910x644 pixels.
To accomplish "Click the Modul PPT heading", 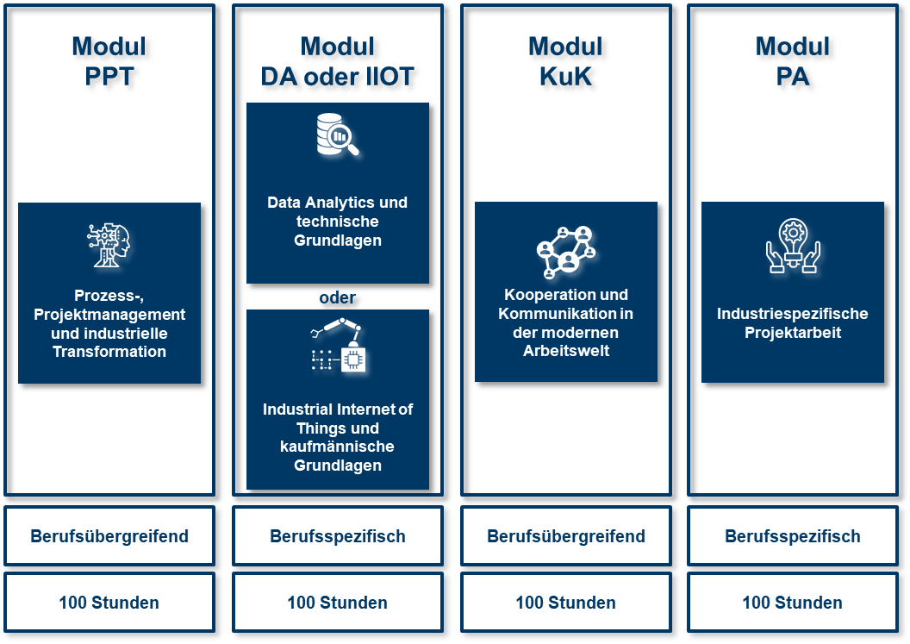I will (x=109, y=62).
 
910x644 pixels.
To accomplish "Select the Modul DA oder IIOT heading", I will (x=337, y=62).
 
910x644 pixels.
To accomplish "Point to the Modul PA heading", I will (x=793, y=62).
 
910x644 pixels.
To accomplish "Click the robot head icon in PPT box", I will (x=109, y=244).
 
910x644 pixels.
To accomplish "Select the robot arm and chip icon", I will (x=338, y=347).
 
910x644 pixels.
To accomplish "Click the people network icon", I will (x=566, y=251).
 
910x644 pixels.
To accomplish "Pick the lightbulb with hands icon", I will (x=793, y=247).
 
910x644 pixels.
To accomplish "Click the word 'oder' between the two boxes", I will (x=337, y=297).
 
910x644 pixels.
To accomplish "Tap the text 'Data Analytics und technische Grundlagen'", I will (x=337, y=222).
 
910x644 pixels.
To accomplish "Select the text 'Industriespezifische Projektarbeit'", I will (x=793, y=323).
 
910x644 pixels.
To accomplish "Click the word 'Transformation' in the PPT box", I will (x=109, y=352).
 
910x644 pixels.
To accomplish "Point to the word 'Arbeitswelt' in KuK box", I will (x=566, y=351).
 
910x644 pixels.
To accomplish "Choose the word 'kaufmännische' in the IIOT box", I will (x=337, y=447).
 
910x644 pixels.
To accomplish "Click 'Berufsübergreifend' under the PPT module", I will (x=109, y=536).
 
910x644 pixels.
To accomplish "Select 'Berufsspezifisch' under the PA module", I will (x=793, y=536).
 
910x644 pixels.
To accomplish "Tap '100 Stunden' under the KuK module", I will (x=566, y=603).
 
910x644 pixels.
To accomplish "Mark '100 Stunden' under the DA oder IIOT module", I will (x=337, y=603).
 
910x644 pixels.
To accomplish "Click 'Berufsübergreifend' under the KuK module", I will (x=566, y=536).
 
